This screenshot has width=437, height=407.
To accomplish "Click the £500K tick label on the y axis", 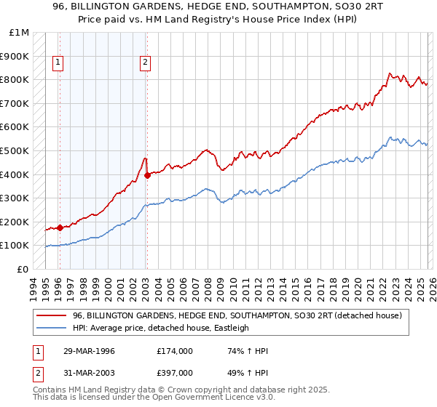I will (15, 150).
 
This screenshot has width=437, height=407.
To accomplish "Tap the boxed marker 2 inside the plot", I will (146, 63).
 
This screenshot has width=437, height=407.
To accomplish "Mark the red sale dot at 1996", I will (60, 227).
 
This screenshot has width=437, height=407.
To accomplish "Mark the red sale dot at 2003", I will (146, 174).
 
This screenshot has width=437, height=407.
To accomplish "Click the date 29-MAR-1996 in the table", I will (88, 351).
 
